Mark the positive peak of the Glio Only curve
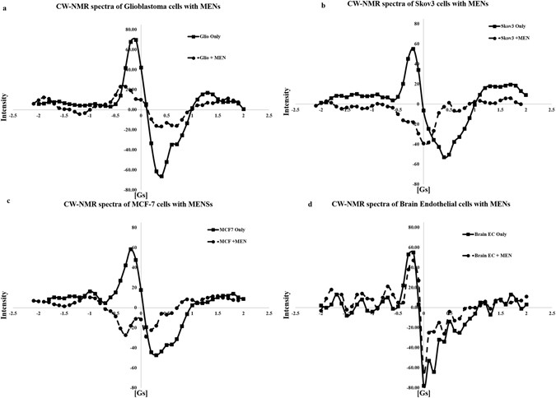pyautogui.click(x=134, y=39)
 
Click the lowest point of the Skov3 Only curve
pyautogui.click(x=445, y=157)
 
